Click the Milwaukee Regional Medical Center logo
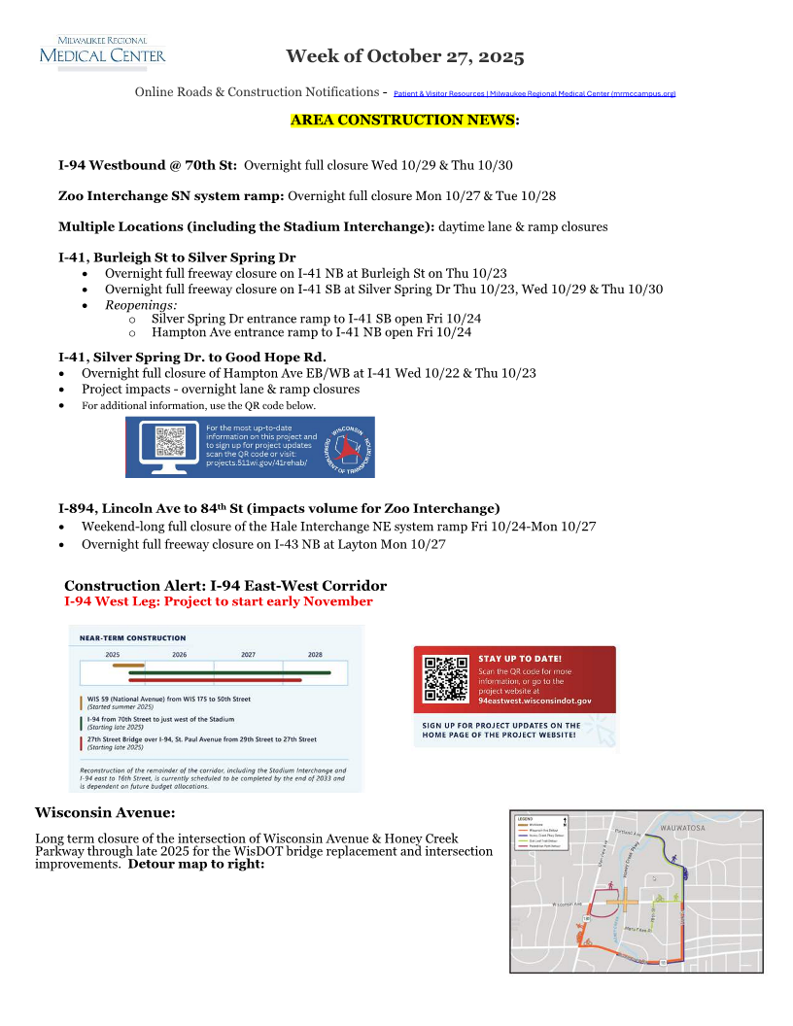tap(102, 50)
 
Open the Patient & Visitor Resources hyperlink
tap(534, 93)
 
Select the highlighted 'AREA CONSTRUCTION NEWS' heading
tap(402, 120)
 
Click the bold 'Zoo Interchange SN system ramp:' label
tap(171, 195)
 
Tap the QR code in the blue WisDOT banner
tap(170, 443)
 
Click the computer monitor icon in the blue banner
tap(170, 446)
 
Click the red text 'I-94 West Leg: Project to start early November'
tap(218, 601)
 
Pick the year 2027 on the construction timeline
tap(248, 655)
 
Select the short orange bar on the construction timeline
tap(128, 666)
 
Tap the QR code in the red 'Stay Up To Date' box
tap(446, 680)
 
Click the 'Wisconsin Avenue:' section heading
tap(105, 812)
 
